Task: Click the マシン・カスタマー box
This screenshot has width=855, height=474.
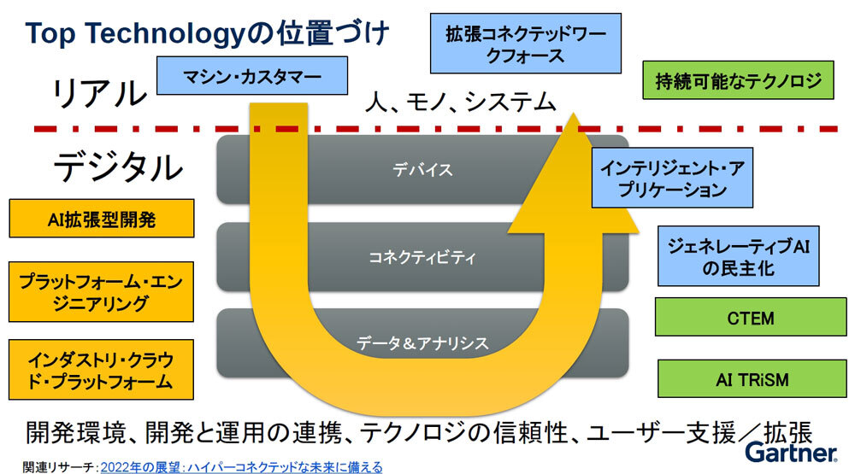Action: tap(252, 76)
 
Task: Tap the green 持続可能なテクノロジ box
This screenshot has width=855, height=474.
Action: tap(738, 80)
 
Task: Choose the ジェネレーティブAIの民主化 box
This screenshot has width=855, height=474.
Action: tap(738, 256)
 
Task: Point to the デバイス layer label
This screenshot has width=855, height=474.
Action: tap(422, 169)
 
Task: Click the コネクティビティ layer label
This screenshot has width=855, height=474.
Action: tap(422, 256)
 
